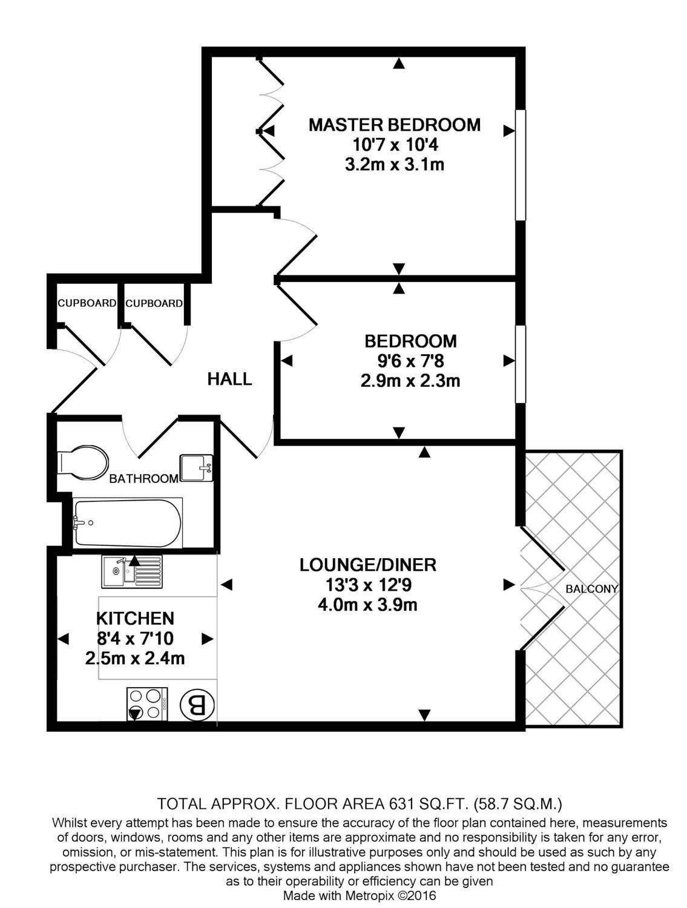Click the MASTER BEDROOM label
click(x=394, y=125)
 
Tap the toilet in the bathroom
click(x=83, y=463)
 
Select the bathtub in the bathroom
click(x=127, y=522)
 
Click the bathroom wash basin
click(x=197, y=468)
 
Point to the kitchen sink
click(x=131, y=572)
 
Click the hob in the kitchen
click(x=147, y=704)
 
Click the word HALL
click(x=229, y=379)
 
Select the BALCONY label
click(x=591, y=588)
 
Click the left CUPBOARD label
click(x=87, y=303)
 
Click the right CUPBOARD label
click(x=154, y=303)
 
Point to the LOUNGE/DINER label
click(x=367, y=565)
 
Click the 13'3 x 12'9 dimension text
click(x=367, y=585)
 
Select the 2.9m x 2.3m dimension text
click(x=410, y=381)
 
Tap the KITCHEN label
click(x=135, y=618)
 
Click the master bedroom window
click(x=520, y=165)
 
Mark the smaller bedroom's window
click(x=520, y=364)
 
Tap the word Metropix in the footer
click(x=370, y=895)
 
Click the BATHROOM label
click(x=143, y=479)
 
